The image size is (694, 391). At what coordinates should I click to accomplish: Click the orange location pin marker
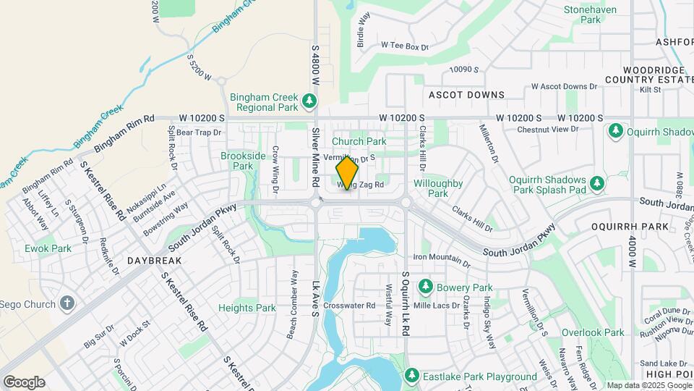(348, 173)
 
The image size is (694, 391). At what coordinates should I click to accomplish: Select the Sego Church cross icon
(67, 303)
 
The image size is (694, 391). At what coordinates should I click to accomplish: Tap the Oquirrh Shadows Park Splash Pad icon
(597, 182)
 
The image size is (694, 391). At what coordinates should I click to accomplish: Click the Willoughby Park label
(438, 188)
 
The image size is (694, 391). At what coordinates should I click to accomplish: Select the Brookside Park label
(243, 161)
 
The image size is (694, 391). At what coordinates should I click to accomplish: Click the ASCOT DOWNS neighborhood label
(466, 95)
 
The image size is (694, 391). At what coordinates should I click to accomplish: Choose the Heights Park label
(247, 308)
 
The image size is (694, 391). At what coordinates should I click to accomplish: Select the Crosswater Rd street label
(350, 306)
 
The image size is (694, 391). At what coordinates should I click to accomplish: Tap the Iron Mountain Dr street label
(442, 258)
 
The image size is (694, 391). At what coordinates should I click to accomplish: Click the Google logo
(24, 382)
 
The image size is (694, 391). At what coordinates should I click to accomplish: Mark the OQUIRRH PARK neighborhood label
(619, 226)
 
